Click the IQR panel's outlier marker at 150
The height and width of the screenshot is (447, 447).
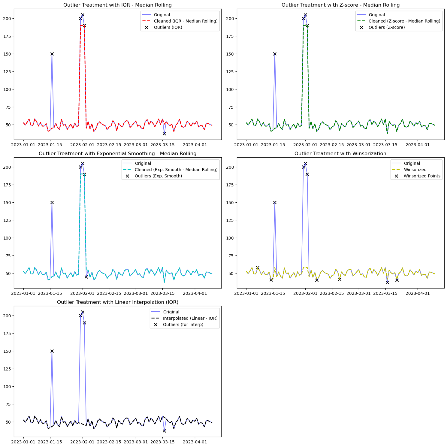[x=52, y=54]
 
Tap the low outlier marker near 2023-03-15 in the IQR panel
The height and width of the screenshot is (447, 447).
[x=164, y=134]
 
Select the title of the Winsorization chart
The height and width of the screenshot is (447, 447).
[x=340, y=154]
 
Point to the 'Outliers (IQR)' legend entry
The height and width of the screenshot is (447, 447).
[x=168, y=27]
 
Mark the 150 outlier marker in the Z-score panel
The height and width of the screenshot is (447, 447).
[x=275, y=54]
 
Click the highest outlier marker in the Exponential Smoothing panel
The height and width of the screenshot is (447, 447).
[x=83, y=164]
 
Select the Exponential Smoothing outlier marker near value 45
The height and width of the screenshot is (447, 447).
[x=86, y=277]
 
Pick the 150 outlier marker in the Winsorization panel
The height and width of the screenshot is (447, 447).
[x=275, y=203]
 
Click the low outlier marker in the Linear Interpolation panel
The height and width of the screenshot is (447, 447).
[x=164, y=431]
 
